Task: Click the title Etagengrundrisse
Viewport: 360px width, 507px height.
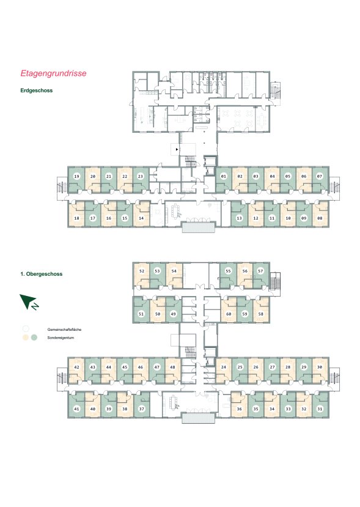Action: [53, 73]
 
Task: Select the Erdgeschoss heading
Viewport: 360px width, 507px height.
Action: [36, 91]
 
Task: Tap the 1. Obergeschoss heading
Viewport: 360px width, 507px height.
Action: [42, 274]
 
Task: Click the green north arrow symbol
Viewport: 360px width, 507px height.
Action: [29, 302]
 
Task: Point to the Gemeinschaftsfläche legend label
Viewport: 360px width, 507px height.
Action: [64, 330]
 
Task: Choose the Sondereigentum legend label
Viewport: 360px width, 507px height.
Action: [61, 338]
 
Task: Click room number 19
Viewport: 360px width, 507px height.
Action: [76, 176]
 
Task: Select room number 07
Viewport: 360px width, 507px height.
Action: [320, 176]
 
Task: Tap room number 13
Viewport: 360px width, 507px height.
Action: [239, 218]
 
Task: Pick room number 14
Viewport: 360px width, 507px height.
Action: [141, 218]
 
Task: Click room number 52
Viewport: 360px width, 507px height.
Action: [142, 271]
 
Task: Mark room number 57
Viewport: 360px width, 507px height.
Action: [260, 271]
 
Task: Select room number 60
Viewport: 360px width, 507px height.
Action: [229, 314]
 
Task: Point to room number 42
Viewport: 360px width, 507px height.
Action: [76, 367]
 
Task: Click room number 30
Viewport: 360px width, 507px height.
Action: [320, 367]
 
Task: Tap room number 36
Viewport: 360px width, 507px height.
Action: [239, 409]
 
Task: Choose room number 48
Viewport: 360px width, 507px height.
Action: [172, 367]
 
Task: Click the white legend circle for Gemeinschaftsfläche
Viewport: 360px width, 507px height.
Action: [26, 329]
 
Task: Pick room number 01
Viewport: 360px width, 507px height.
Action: [224, 176]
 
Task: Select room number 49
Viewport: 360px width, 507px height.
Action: [173, 314]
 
